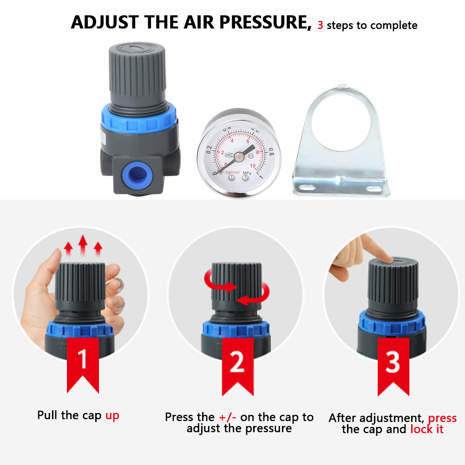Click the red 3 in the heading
pyautogui.click(x=320, y=25)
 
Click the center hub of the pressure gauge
pyautogui.click(x=238, y=157)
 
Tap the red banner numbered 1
pyautogui.click(x=83, y=362)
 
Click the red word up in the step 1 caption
pyautogui.click(x=112, y=415)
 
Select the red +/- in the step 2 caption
pyautogui.click(x=227, y=417)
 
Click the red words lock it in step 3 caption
pyautogui.click(x=427, y=429)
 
